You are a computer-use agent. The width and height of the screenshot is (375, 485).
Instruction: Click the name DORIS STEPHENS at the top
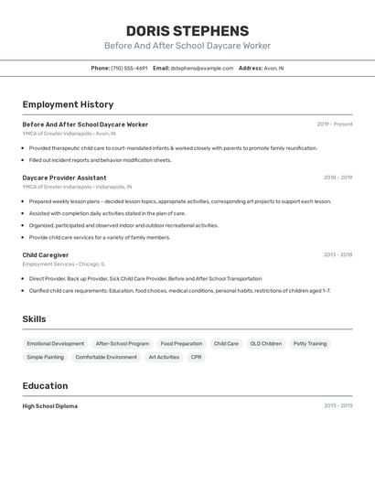(187, 30)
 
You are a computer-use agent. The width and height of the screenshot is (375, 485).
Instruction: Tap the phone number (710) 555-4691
(129, 68)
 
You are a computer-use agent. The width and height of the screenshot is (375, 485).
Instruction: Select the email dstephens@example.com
(202, 68)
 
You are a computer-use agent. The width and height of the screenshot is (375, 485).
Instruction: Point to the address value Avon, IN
(273, 68)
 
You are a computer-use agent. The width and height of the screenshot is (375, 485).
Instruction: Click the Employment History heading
(68, 104)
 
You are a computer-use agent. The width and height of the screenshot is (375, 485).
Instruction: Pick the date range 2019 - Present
(335, 124)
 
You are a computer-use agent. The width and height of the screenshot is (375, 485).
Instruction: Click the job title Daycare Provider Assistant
(64, 178)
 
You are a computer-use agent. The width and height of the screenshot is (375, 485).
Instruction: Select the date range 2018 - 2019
(337, 178)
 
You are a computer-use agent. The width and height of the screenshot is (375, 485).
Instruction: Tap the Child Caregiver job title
(46, 254)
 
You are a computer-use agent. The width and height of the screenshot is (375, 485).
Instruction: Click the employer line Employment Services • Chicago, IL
(64, 264)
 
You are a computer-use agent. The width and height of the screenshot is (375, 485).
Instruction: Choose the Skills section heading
(34, 319)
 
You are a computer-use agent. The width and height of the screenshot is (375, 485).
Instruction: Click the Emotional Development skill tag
(56, 344)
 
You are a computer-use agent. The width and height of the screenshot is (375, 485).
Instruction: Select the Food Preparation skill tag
(181, 344)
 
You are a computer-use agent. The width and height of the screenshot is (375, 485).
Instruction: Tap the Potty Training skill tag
(309, 344)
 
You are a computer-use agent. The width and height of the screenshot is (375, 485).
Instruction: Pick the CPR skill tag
(196, 357)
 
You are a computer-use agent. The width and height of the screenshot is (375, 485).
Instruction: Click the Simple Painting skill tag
(46, 357)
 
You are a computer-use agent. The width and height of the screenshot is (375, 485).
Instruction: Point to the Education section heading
(45, 385)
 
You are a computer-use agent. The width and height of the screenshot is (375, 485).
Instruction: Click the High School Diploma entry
(50, 405)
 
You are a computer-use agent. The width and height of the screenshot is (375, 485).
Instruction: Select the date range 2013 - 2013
(337, 405)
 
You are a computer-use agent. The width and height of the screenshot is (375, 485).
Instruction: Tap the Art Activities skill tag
(164, 357)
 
